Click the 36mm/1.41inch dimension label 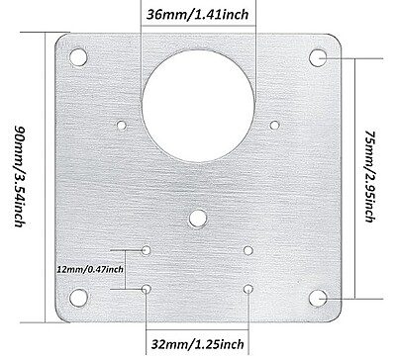point(197,15)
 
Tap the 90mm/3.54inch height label point(20,176)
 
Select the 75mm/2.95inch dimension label point(370,176)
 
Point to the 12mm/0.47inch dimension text point(90,269)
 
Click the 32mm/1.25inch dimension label point(197,344)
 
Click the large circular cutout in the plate point(198,106)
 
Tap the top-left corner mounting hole point(78,57)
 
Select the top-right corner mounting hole point(318,58)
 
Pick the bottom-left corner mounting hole point(78,298)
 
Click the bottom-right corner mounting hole point(318,298)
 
